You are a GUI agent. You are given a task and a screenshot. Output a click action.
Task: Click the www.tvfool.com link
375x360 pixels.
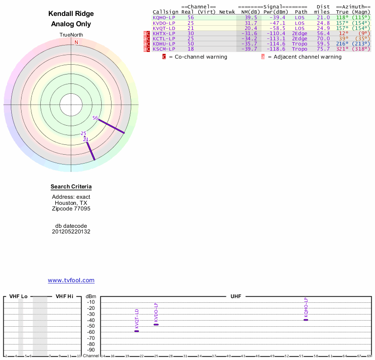tap(71, 280)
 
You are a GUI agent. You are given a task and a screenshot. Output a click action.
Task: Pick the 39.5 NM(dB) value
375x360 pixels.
tap(251, 17)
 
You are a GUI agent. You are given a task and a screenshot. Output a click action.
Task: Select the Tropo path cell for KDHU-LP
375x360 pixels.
tap(300, 44)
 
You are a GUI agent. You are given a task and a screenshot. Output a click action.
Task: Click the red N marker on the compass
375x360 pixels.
tap(76, 42)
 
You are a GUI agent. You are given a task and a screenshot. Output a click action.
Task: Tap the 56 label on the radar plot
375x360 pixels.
tap(95, 118)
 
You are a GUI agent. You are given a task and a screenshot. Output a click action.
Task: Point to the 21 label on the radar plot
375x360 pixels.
tap(86, 139)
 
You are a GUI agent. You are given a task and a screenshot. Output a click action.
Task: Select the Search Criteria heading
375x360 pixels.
tap(71, 187)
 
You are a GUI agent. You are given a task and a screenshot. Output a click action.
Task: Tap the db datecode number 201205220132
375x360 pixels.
tap(71, 232)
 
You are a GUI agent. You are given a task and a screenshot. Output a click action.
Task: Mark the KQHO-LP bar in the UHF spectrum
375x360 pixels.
tap(306, 320)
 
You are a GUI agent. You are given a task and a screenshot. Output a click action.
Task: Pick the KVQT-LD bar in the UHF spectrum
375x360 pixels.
tap(137, 331)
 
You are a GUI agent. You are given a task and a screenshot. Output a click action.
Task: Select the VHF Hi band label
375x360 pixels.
tap(64, 296)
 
